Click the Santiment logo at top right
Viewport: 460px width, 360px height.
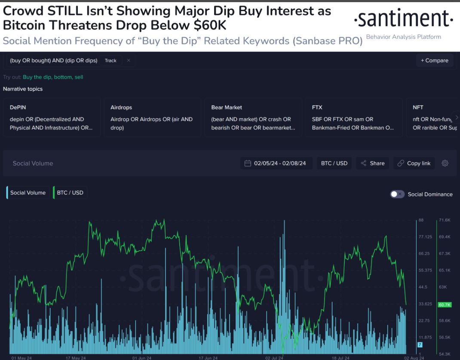pos(403,19)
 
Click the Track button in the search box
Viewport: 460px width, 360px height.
pos(110,61)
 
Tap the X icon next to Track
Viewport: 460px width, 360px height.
pos(128,61)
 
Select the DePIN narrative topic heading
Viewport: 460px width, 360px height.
pos(18,107)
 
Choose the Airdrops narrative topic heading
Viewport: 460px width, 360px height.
pos(121,107)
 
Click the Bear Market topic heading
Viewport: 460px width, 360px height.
pos(227,107)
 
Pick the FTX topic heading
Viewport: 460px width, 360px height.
pos(317,107)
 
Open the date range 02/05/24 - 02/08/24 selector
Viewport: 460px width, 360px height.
pos(275,163)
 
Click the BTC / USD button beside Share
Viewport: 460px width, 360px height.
pos(334,163)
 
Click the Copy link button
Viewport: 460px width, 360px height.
pos(414,163)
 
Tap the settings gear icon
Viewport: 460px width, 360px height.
pos(445,163)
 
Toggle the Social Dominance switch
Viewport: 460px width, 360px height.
pos(397,194)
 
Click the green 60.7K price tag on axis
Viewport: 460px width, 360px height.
pos(444,305)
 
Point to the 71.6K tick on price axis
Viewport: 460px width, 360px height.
pos(444,220)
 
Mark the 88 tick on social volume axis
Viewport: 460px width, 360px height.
pos(421,220)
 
